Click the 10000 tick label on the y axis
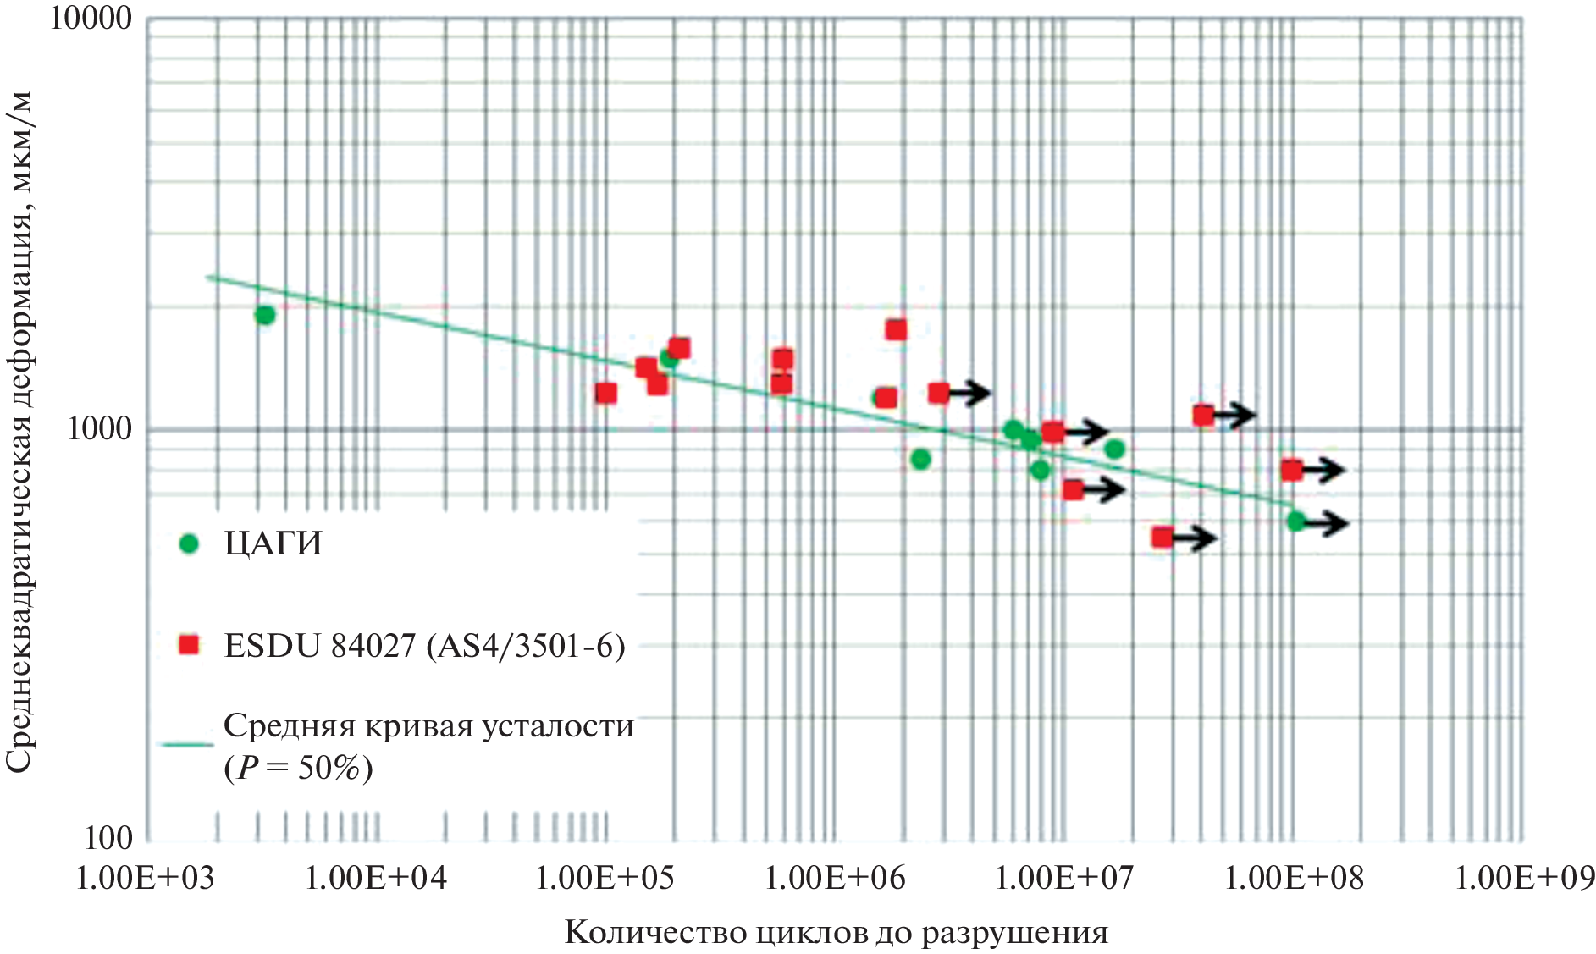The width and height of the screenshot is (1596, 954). tap(91, 19)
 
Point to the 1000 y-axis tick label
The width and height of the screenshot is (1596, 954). tap(100, 429)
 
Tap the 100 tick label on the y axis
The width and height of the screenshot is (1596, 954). tap(108, 838)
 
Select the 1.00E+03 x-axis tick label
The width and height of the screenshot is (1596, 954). tap(145, 878)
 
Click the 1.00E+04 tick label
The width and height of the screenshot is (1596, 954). tap(375, 878)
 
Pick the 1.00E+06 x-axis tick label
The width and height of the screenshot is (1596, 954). tap(835, 878)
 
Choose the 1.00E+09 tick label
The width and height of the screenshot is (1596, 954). tap(1524, 878)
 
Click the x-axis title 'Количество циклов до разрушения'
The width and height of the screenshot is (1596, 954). tap(836, 932)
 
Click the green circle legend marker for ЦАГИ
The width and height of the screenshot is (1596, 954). tap(189, 543)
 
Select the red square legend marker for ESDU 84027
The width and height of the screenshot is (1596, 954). tap(189, 646)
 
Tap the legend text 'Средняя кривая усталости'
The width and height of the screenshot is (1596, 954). tap(428, 726)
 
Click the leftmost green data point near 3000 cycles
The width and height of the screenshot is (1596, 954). tap(265, 315)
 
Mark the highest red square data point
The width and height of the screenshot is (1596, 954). tap(896, 329)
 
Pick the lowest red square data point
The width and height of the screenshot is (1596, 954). tap(1162, 537)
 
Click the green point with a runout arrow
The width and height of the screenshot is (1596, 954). tap(1295, 521)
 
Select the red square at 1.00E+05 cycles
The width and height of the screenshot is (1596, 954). tap(605, 393)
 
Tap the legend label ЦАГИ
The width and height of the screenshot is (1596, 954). tap(273, 543)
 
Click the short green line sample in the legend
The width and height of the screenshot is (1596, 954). tap(186, 745)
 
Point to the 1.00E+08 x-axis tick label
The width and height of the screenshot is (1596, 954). tap(1295, 878)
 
